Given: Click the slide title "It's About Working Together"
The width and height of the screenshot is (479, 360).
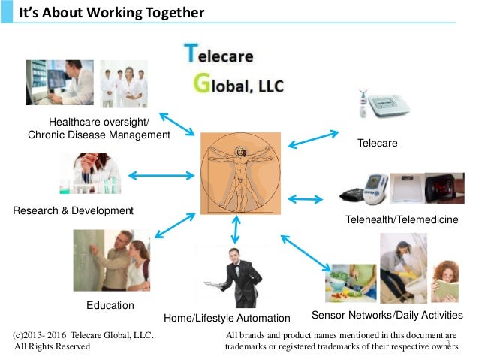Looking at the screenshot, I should (x=111, y=13).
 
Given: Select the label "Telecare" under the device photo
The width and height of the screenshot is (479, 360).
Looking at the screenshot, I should (x=377, y=143).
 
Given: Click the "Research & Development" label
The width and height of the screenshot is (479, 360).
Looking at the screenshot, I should (x=74, y=210).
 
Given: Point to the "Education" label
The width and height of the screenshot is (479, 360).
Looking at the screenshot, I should (x=110, y=305).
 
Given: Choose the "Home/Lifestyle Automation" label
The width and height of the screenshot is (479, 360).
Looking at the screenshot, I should (x=227, y=317).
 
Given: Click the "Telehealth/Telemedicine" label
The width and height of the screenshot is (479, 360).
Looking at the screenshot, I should (x=402, y=219).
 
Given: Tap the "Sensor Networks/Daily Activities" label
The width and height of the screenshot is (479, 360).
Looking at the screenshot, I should (x=387, y=314).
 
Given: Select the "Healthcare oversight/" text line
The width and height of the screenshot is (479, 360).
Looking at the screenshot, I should (x=99, y=122).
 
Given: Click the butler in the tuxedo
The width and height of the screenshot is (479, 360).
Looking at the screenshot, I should (x=240, y=276).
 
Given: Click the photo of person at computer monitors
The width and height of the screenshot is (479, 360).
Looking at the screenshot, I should (x=59, y=82).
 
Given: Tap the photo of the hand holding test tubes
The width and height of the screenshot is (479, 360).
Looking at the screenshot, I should (x=90, y=174).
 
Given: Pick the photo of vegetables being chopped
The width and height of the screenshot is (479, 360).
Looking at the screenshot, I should (x=351, y=283).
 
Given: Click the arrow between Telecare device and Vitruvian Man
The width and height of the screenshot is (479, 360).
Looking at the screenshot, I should (x=314, y=138).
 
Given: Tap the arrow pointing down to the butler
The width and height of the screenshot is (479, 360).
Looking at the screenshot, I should (x=236, y=228).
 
